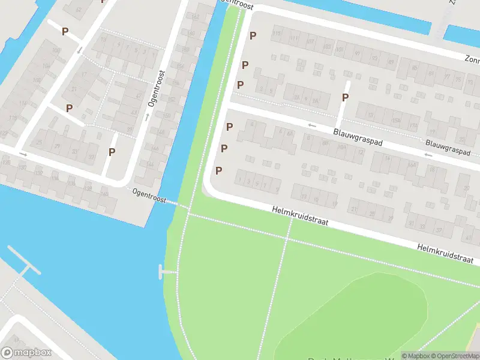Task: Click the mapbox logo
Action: click(x=26, y=353)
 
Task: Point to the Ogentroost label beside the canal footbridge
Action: click(x=149, y=196)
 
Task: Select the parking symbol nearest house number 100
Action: click(x=65, y=31)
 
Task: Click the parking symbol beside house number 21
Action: click(x=69, y=108)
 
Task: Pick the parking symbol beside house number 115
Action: click(x=253, y=35)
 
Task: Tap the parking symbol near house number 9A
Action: click(x=345, y=97)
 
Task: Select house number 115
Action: click(x=276, y=34)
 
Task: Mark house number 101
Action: click(x=340, y=49)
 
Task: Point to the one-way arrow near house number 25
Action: click(x=23, y=154)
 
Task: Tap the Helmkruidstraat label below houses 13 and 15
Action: click(x=301, y=215)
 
